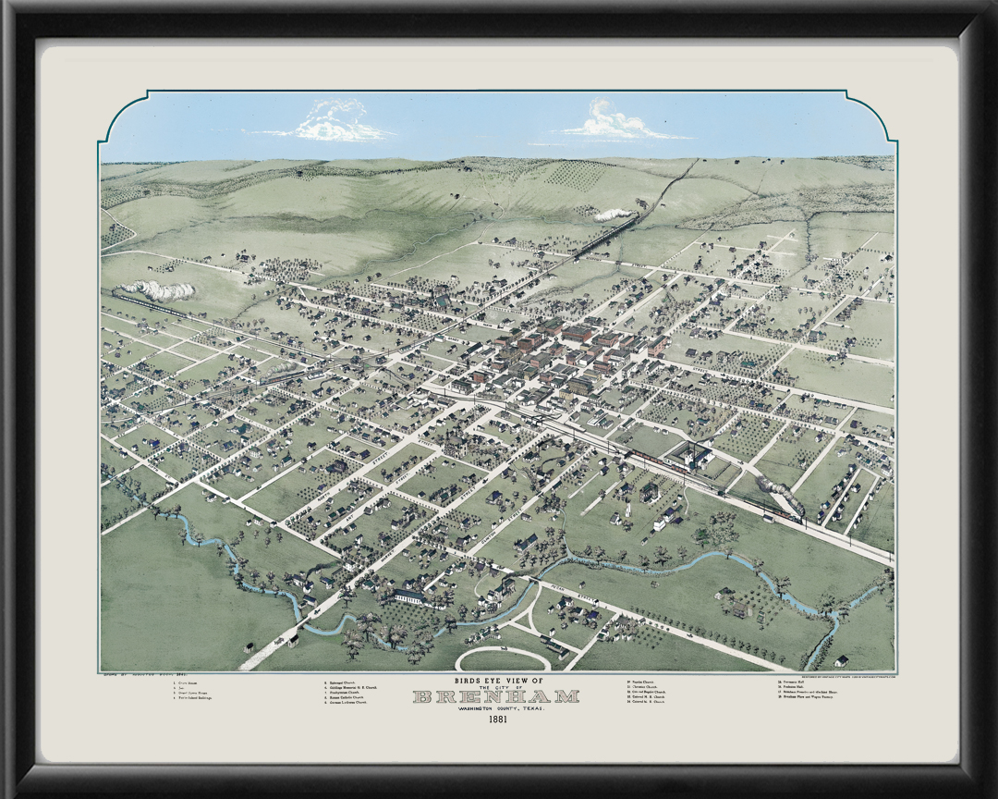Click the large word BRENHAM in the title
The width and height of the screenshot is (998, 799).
(x=496, y=696)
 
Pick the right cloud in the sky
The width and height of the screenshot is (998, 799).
(x=617, y=123)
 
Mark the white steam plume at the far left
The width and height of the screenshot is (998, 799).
(x=163, y=290)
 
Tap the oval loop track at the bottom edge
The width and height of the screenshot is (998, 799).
(x=504, y=658)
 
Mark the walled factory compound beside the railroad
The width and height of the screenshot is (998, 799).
(x=690, y=454)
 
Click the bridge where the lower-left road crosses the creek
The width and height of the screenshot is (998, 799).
(x=293, y=636)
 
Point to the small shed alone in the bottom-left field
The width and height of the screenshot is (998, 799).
(x=248, y=646)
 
